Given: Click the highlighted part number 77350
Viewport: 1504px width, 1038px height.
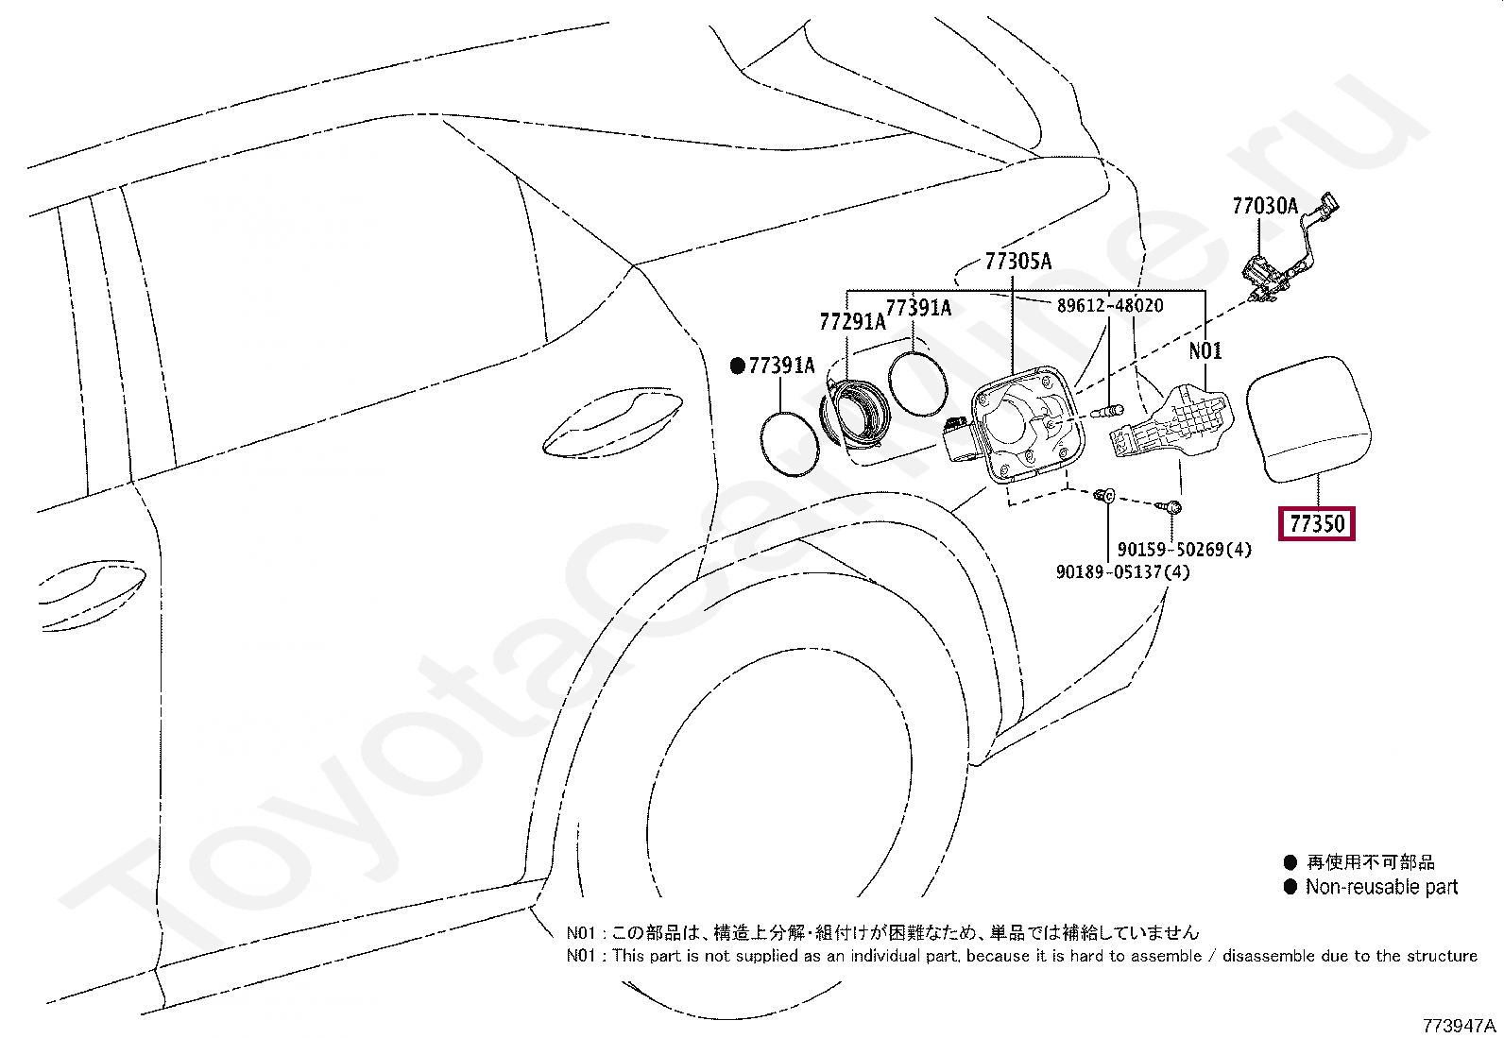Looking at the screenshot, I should pyautogui.click(x=1316, y=523).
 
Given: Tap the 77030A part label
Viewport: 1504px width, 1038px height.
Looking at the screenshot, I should pyautogui.click(x=1264, y=206).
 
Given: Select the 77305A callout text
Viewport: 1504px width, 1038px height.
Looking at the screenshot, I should pyautogui.click(x=1017, y=262).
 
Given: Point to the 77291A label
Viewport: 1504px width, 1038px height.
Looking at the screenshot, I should pyautogui.click(x=852, y=322).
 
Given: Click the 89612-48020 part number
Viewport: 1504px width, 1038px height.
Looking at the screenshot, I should pyautogui.click(x=1109, y=306).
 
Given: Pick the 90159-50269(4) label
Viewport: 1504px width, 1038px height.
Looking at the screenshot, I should pyautogui.click(x=1184, y=549).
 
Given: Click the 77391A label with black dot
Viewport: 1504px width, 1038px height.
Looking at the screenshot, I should pyautogui.click(x=781, y=366).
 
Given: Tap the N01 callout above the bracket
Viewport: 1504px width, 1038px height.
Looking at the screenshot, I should pyautogui.click(x=1205, y=351).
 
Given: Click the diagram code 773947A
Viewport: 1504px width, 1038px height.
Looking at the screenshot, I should pyautogui.click(x=1459, y=1026).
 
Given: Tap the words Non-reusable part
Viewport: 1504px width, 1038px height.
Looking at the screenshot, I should pyautogui.click(x=1381, y=887).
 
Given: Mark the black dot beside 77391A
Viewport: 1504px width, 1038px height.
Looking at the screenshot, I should pyautogui.click(x=738, y=366).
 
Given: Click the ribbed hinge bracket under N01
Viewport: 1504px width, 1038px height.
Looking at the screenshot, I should pyautogui.click(x=1171, y=423).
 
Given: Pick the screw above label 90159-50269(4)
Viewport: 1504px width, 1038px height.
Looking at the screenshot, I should pyautogui.click(x=1173, y=508).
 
